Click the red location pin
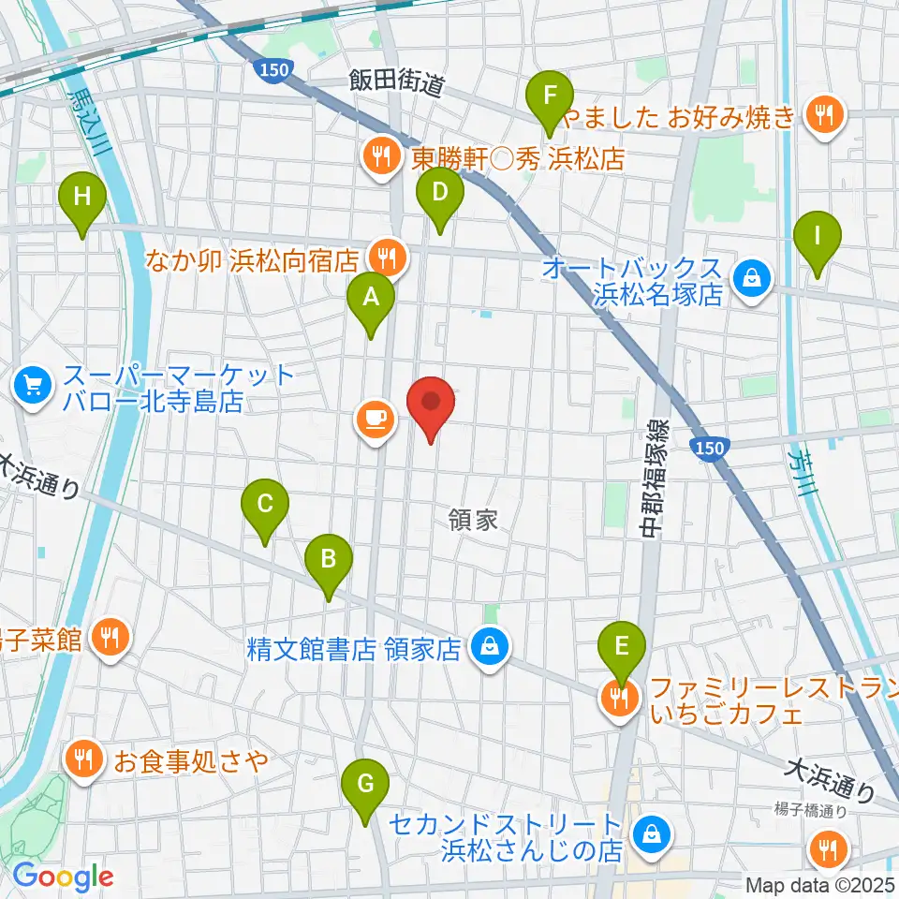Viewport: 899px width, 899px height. click(431, 405)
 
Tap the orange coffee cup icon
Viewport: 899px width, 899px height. click(375, 418)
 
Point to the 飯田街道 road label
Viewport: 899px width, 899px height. click(396, 82)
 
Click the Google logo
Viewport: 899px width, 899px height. click(63, 877)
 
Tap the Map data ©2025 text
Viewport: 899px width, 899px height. click(820, 884)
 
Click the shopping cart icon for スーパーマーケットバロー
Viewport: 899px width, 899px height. click(33, 386)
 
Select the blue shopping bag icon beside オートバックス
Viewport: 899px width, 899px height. click(750, 277)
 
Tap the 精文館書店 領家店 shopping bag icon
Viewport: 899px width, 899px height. click(488, 647)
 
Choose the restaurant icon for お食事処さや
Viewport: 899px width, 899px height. click(85, 759)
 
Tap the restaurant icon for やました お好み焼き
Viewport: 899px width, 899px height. click(825, 116)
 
